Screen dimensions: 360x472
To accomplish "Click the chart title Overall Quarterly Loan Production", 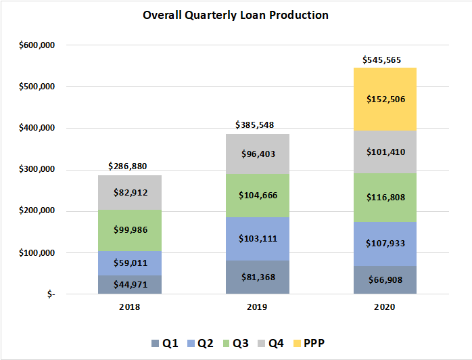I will click(x=235, y=15).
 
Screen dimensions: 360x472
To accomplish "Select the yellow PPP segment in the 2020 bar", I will click(x=384, y=99).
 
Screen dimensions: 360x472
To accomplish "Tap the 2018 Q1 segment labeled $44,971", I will click(x=129, y=284).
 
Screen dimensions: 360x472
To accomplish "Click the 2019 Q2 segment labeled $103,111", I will click(x=257, y=239).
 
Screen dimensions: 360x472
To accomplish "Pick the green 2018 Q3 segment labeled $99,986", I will click(x=129, y=230).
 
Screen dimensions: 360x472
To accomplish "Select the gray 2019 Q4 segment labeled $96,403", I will click(x=257, y=154).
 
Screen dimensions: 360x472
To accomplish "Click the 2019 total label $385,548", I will click(x=257, y=125).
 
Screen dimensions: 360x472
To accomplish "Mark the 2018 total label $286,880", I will click(x=129, y=166).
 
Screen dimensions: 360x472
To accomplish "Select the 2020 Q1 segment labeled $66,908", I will click(x=384, y=279).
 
